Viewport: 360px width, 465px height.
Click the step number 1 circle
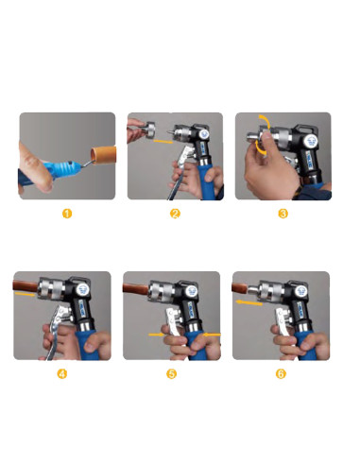pos(67,214)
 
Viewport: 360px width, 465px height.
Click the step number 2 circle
pos(175,214)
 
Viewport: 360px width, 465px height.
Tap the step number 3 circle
pos(283,214)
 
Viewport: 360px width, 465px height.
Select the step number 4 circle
pos(62,373)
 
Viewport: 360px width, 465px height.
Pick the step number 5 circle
pos(172,373)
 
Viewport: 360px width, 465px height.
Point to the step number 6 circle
pos(281,373)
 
